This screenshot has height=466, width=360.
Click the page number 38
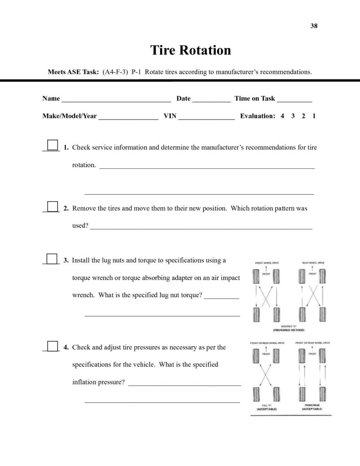coord(314,26)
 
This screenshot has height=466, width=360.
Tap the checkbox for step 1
coord(53,145)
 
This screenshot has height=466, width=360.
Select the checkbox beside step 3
coord(53,258)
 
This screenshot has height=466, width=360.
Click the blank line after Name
coord(116,100)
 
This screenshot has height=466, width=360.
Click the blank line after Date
coord(211,100)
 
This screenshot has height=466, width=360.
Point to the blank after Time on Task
coord(294,100)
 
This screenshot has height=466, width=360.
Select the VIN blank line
coord(207,117)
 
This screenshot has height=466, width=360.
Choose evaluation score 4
coord(282,116)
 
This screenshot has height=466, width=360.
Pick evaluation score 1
coord(314,116)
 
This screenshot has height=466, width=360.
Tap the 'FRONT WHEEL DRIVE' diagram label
coord(267,263)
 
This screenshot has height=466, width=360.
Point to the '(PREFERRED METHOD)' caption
coord(289,330)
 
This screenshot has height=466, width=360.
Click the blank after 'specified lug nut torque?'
coord(222,298)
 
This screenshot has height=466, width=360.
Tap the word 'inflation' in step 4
coord(86,382)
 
